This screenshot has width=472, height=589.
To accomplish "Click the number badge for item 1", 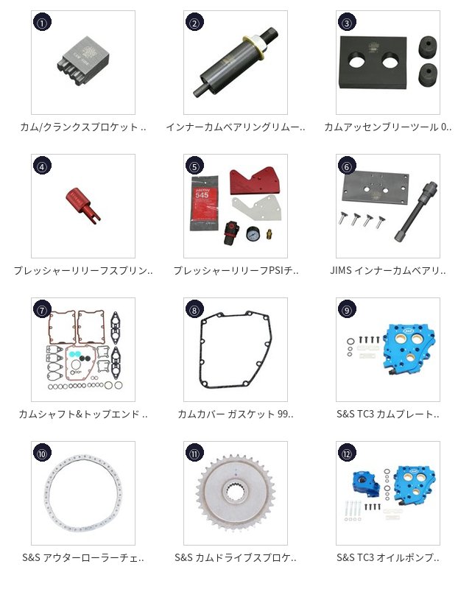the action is (x=42, y=22).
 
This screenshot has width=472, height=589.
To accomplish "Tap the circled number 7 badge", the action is (x=42, y=309).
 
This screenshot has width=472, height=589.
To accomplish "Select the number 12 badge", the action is (x=347, y=454).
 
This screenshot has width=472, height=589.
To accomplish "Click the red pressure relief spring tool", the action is (x=82, y=204).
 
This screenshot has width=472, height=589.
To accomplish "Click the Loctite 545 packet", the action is (x=204, y=203).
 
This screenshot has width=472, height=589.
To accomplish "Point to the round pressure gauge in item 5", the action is (x=251, y=233).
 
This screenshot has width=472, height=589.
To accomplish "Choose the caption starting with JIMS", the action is (x=388, y=270).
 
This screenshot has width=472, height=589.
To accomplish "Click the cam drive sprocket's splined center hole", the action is (x=236, y=491).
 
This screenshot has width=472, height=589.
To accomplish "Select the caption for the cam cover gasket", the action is (x=236, y=414).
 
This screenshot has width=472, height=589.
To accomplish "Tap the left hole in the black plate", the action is (x=358, y=60).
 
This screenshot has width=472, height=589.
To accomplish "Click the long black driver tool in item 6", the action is (x=415, y=211).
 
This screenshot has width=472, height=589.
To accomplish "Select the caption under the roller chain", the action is (x=83, y=557).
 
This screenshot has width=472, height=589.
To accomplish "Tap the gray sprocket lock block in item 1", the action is (x=83, y=60).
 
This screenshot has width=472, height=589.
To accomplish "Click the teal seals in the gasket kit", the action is (x=75, y=353).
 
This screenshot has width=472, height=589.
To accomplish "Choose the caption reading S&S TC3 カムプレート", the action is (x=388, y=414).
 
